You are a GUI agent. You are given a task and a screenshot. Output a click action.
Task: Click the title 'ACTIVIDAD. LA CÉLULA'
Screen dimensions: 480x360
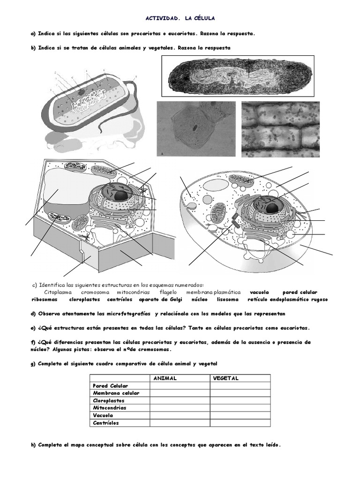180,18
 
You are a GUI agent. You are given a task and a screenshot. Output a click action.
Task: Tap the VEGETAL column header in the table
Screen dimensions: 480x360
226,378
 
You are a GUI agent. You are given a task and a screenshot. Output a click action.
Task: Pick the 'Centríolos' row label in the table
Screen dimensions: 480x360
106,423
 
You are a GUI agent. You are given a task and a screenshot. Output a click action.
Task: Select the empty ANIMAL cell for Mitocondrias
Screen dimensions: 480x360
180,408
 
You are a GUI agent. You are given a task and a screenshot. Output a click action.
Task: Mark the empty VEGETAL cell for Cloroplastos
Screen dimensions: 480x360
240,401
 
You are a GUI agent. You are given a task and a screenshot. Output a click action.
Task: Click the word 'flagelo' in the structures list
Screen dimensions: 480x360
168,292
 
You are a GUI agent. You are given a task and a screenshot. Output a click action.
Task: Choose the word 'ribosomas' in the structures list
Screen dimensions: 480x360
45,300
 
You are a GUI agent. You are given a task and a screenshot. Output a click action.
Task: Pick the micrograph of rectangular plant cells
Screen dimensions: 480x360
280,129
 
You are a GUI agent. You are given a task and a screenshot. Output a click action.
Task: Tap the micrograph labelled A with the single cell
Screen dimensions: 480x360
196,129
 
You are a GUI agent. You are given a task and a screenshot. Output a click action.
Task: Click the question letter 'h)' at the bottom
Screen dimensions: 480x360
33,445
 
